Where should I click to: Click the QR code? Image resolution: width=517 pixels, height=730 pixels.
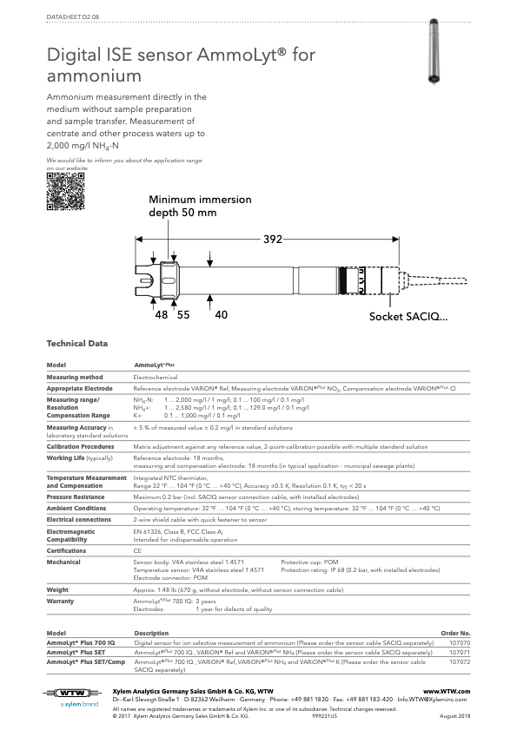click(x=66, y=192)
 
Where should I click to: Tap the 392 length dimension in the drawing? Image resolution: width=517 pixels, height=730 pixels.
click(x=273, y=240)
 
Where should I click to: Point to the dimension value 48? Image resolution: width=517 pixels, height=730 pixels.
click(x=162, y=316)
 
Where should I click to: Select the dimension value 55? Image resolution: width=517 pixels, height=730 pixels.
click(x=183, y=316)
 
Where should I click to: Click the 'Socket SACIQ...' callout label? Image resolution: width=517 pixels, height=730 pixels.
click(x=408, y=317)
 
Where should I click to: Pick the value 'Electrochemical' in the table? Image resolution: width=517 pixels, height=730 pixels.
click(x=156, y=378)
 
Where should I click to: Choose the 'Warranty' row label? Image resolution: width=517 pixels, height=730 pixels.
click(x=60, y=601)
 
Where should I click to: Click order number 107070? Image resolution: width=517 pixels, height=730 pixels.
click(x=458, y=642)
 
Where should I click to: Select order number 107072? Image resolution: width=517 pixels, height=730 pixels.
click(x=458, y=661)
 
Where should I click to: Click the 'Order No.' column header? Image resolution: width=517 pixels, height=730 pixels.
click(x=456, y=633)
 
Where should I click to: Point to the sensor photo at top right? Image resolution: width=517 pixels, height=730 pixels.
click(x=429, y=52)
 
